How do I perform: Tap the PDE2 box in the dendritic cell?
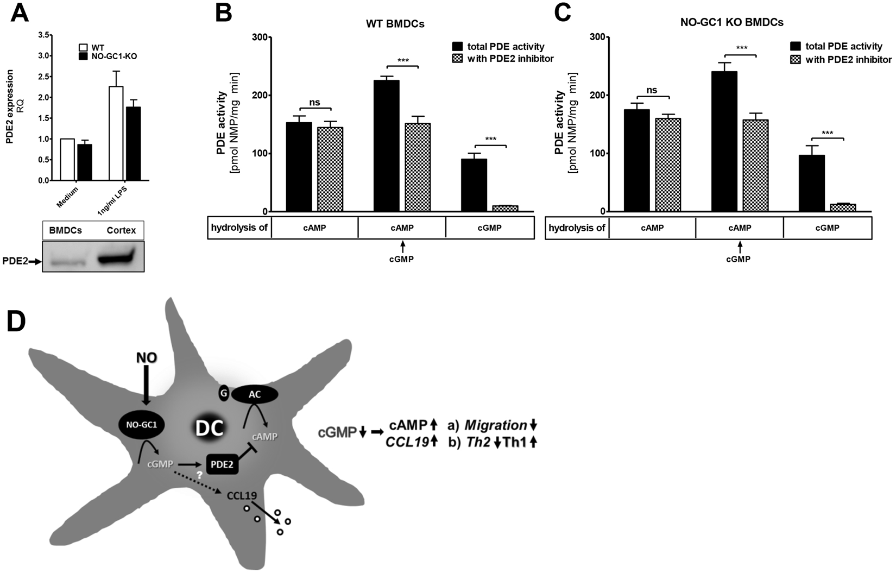223,464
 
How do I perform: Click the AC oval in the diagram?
254,395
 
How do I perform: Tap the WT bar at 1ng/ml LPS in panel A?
116,133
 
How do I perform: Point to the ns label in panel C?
652,90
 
